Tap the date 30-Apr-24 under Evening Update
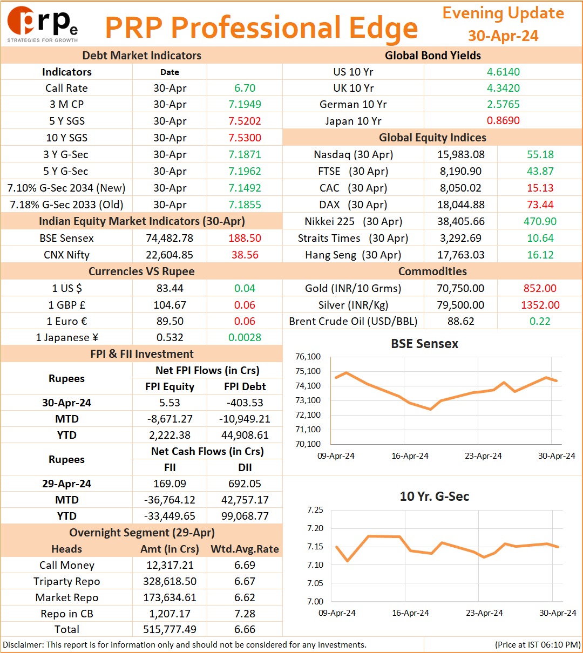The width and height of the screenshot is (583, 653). (503, 36)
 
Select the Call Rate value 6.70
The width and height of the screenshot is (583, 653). (245, 88)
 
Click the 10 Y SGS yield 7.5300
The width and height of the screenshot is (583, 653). (245, 138)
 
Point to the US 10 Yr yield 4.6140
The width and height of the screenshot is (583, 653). (503, 72)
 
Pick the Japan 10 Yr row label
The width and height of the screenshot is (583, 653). (353, 121)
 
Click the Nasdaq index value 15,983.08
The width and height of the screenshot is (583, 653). (461, 154)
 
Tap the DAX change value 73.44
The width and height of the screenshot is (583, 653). (540, 205)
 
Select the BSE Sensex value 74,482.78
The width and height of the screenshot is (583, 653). (170, 238)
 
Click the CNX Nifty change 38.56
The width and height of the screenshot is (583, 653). (245, 255)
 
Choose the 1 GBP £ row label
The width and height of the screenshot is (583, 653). (67, 304)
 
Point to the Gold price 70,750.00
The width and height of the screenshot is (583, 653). (460, 288)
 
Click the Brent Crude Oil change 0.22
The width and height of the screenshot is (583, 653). (540, 321)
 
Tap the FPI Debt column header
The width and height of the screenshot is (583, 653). (245, 386)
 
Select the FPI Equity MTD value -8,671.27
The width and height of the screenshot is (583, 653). (170, 419)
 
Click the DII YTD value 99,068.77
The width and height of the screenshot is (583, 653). (245, 516)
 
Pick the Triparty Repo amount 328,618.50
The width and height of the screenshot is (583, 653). (170, 581)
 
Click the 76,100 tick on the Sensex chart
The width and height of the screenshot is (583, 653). (308, 357)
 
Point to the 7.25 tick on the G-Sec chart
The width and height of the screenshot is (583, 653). (315, 509)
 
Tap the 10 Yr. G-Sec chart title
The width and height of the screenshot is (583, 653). (435, 496)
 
